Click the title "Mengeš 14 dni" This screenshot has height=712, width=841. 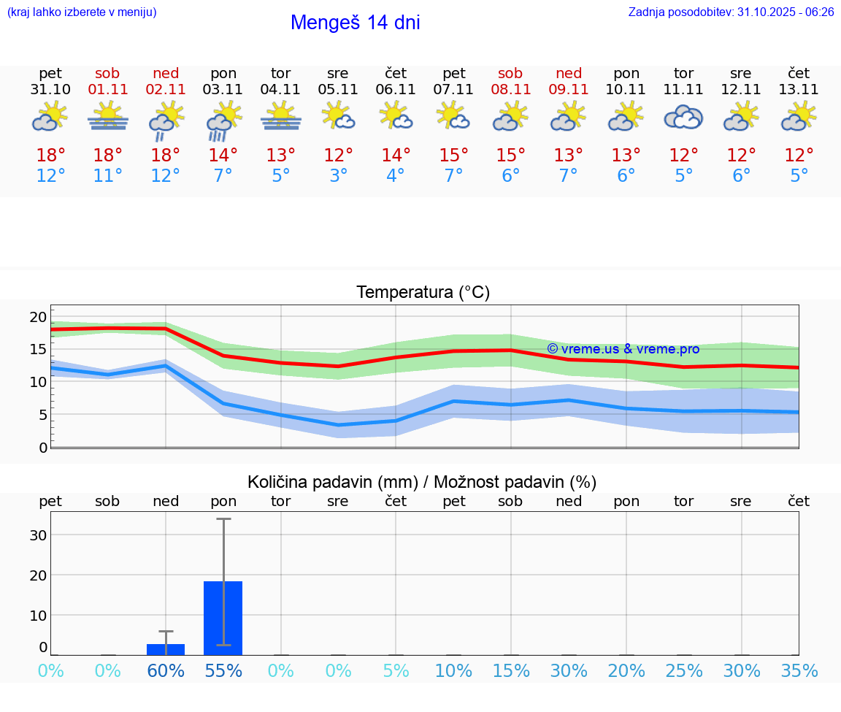click(355, 23)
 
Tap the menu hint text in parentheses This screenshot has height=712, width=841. click(81, 12)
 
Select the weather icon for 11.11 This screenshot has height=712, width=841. click(683, 117)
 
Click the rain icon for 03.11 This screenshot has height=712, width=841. click(223, 120)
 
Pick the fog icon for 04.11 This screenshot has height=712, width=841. click(280, 117)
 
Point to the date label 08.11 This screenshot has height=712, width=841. click(510, 90)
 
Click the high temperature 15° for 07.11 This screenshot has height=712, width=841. click(453, 156)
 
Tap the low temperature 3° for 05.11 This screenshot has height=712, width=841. click(338, 176)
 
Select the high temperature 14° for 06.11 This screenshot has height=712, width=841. click(396, 156)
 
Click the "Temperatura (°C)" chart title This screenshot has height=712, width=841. click(423, 293)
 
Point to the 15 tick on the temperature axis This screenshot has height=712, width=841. click(38, 349)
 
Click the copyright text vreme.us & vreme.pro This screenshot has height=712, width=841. click(623, 349)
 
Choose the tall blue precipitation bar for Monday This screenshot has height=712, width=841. click(223, 617)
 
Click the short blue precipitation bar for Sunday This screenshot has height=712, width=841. click(166, 649)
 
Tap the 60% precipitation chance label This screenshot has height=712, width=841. click(166, 671)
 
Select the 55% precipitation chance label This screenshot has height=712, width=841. click(223, 671)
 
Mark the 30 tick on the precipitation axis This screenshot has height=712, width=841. click(38, 535)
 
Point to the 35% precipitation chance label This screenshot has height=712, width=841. click(799, 671)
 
